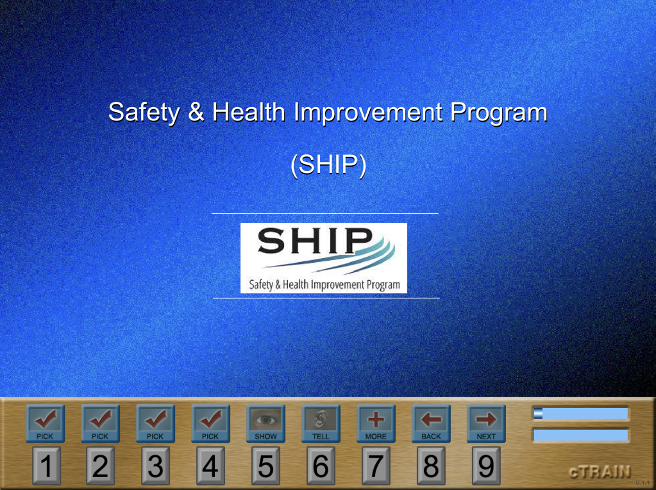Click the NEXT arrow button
pos(486,423)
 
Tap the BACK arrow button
pos(431,423)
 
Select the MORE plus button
pos(376,423)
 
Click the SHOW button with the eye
pos(265,423)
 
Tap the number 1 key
pos(46,466)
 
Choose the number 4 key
pos(210,466)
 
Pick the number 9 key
pos(486,466)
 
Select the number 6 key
pos(321,466)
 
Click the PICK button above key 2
pos(101,423)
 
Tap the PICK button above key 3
pos(155,423)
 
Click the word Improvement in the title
pos(368,112)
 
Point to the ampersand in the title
pos(196,112)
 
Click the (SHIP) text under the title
pos(328,165)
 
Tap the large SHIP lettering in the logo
pos(315,240)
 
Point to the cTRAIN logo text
pos(600,471)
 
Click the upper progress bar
pos(581,414)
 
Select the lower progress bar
pos(581,436)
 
